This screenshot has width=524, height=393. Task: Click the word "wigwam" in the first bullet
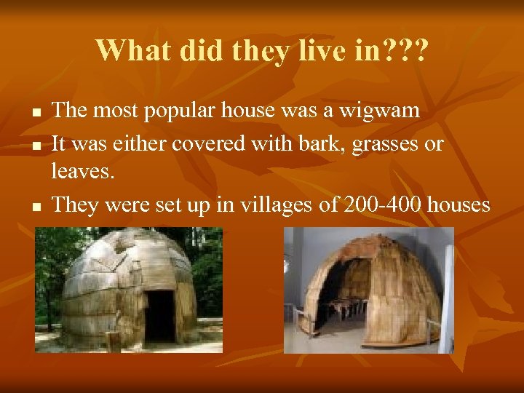click(x=383, y=111)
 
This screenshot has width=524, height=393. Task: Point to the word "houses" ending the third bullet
click(x=458, y=205)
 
